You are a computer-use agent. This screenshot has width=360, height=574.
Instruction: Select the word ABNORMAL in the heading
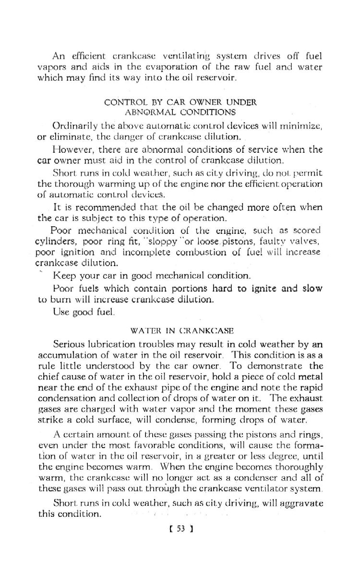[x=144, y=112]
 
